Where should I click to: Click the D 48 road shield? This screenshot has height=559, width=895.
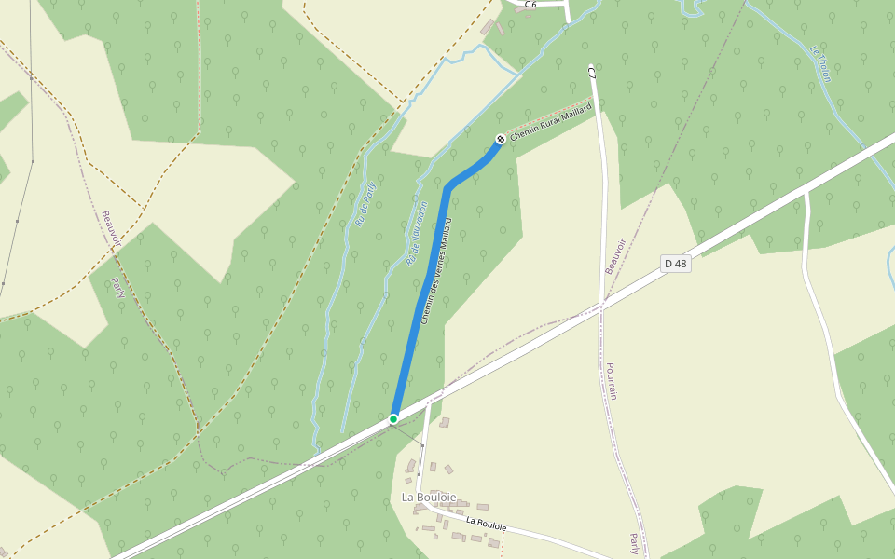pos(676,264)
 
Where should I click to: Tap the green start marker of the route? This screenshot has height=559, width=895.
pos(393,419)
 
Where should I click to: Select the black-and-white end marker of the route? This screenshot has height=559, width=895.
pos(501,140)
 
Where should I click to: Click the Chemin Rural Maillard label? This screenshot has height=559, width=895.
pos(551,123)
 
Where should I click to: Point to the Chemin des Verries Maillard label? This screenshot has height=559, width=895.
pos(435,271)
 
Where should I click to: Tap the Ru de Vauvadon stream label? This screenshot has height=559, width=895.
pos(416,235)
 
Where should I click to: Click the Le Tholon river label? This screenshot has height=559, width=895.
pos(820,63)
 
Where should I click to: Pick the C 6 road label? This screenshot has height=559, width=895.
pos(530,5)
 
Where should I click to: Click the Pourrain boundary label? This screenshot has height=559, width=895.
pos(612,381)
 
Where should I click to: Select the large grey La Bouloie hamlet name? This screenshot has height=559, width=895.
pos(429,498)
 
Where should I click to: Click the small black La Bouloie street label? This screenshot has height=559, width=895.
pos(486,525)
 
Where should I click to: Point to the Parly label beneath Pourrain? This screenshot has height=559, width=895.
pos(635,543)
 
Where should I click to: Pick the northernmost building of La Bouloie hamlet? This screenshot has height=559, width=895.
pos(445,423)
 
